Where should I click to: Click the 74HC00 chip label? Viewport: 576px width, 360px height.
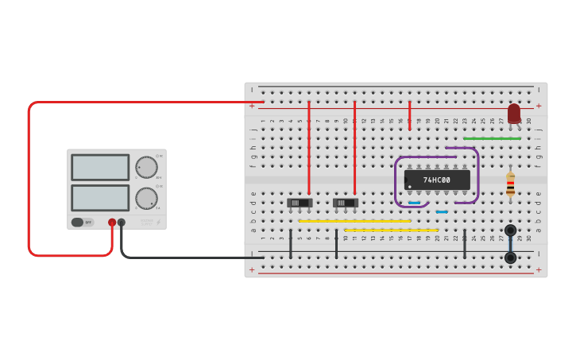(436, 180)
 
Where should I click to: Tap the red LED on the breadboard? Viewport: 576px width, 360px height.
(514, 113)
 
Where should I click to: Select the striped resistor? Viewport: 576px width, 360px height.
(510, 184)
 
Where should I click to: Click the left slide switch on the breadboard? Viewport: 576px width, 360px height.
(299, 203)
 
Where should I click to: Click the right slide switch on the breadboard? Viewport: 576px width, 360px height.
(345, 203)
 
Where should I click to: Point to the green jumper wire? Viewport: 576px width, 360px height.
(492, 138)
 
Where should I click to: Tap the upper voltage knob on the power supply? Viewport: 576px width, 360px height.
(146, 167)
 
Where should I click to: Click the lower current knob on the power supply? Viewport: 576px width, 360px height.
(146, 198)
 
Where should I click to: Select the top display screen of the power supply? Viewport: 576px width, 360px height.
(100, 167)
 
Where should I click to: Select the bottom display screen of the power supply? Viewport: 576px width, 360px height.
(100, 197)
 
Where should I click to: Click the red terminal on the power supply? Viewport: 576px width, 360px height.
(112, 223)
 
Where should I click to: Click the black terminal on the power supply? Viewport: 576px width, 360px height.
(122, 223)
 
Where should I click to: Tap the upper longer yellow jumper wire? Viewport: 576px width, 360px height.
(354, 221)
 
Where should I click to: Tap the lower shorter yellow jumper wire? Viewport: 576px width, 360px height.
(391, 230)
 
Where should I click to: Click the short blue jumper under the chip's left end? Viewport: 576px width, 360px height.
(414, 203)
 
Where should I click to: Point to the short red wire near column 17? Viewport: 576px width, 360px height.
(409, 115)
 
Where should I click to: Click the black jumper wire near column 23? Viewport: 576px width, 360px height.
(465, 244)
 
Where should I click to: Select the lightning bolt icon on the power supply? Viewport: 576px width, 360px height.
(158, 222)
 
